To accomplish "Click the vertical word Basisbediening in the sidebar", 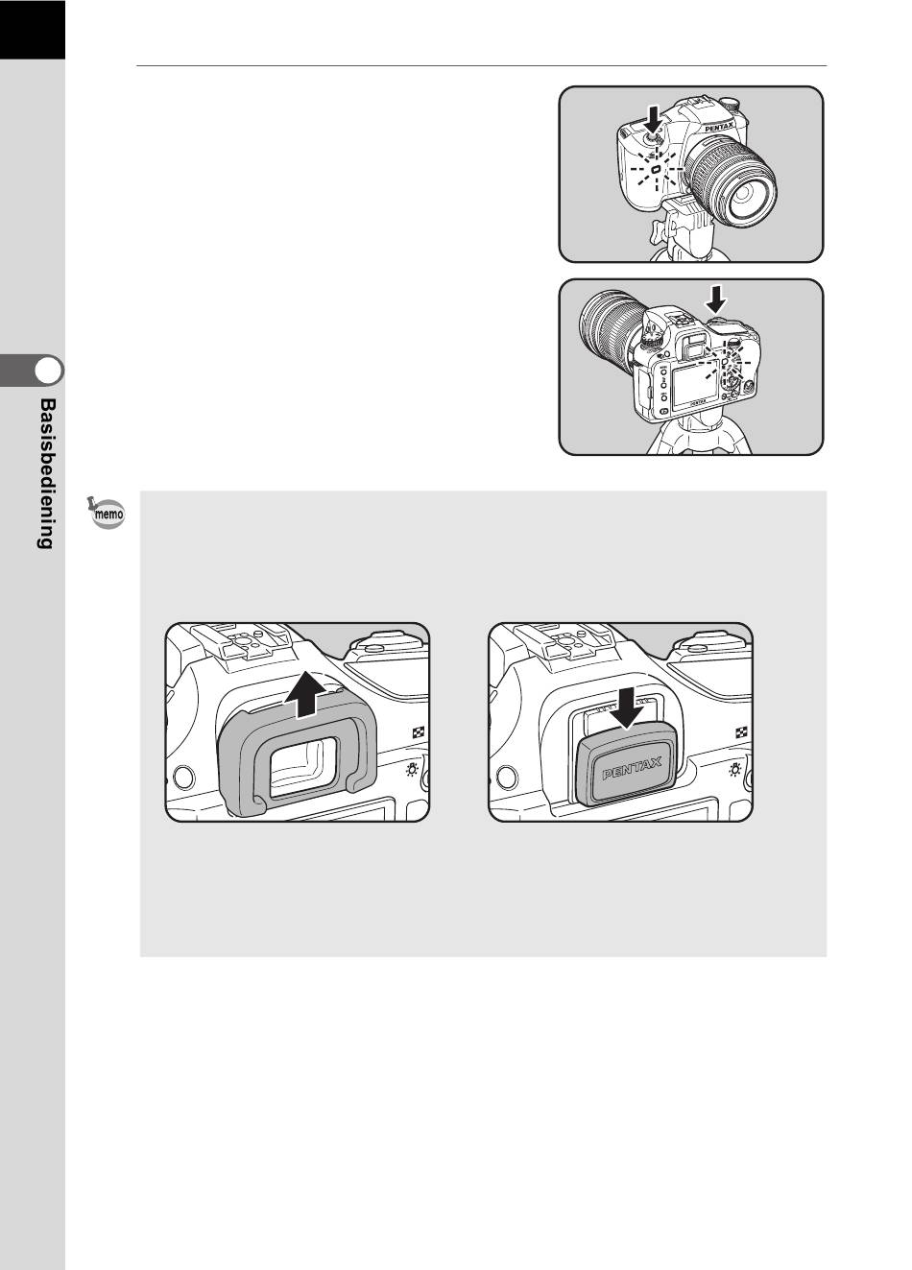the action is (x=48, y=473).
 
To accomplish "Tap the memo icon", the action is (x=107, y=514).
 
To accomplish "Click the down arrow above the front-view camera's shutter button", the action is (x=654, y=120).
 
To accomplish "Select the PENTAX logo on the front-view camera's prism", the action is (x=720, y=128).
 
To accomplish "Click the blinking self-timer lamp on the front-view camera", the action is (x=655, y=169).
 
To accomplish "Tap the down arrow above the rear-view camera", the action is (x=716, y=300).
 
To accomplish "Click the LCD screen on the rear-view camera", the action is (x=695, y=386).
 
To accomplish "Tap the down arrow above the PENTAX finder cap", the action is (x=629, y=708).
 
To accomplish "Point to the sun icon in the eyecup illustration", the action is (x=412, y=770).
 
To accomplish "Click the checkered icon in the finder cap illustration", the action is (x=741, y=732).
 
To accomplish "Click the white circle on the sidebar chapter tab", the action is (x=48, y=371).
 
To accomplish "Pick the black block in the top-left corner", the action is (x=33, y=30).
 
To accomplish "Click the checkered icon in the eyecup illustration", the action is (x=418, y=732).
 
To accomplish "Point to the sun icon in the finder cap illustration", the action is (x=735, y=770).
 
